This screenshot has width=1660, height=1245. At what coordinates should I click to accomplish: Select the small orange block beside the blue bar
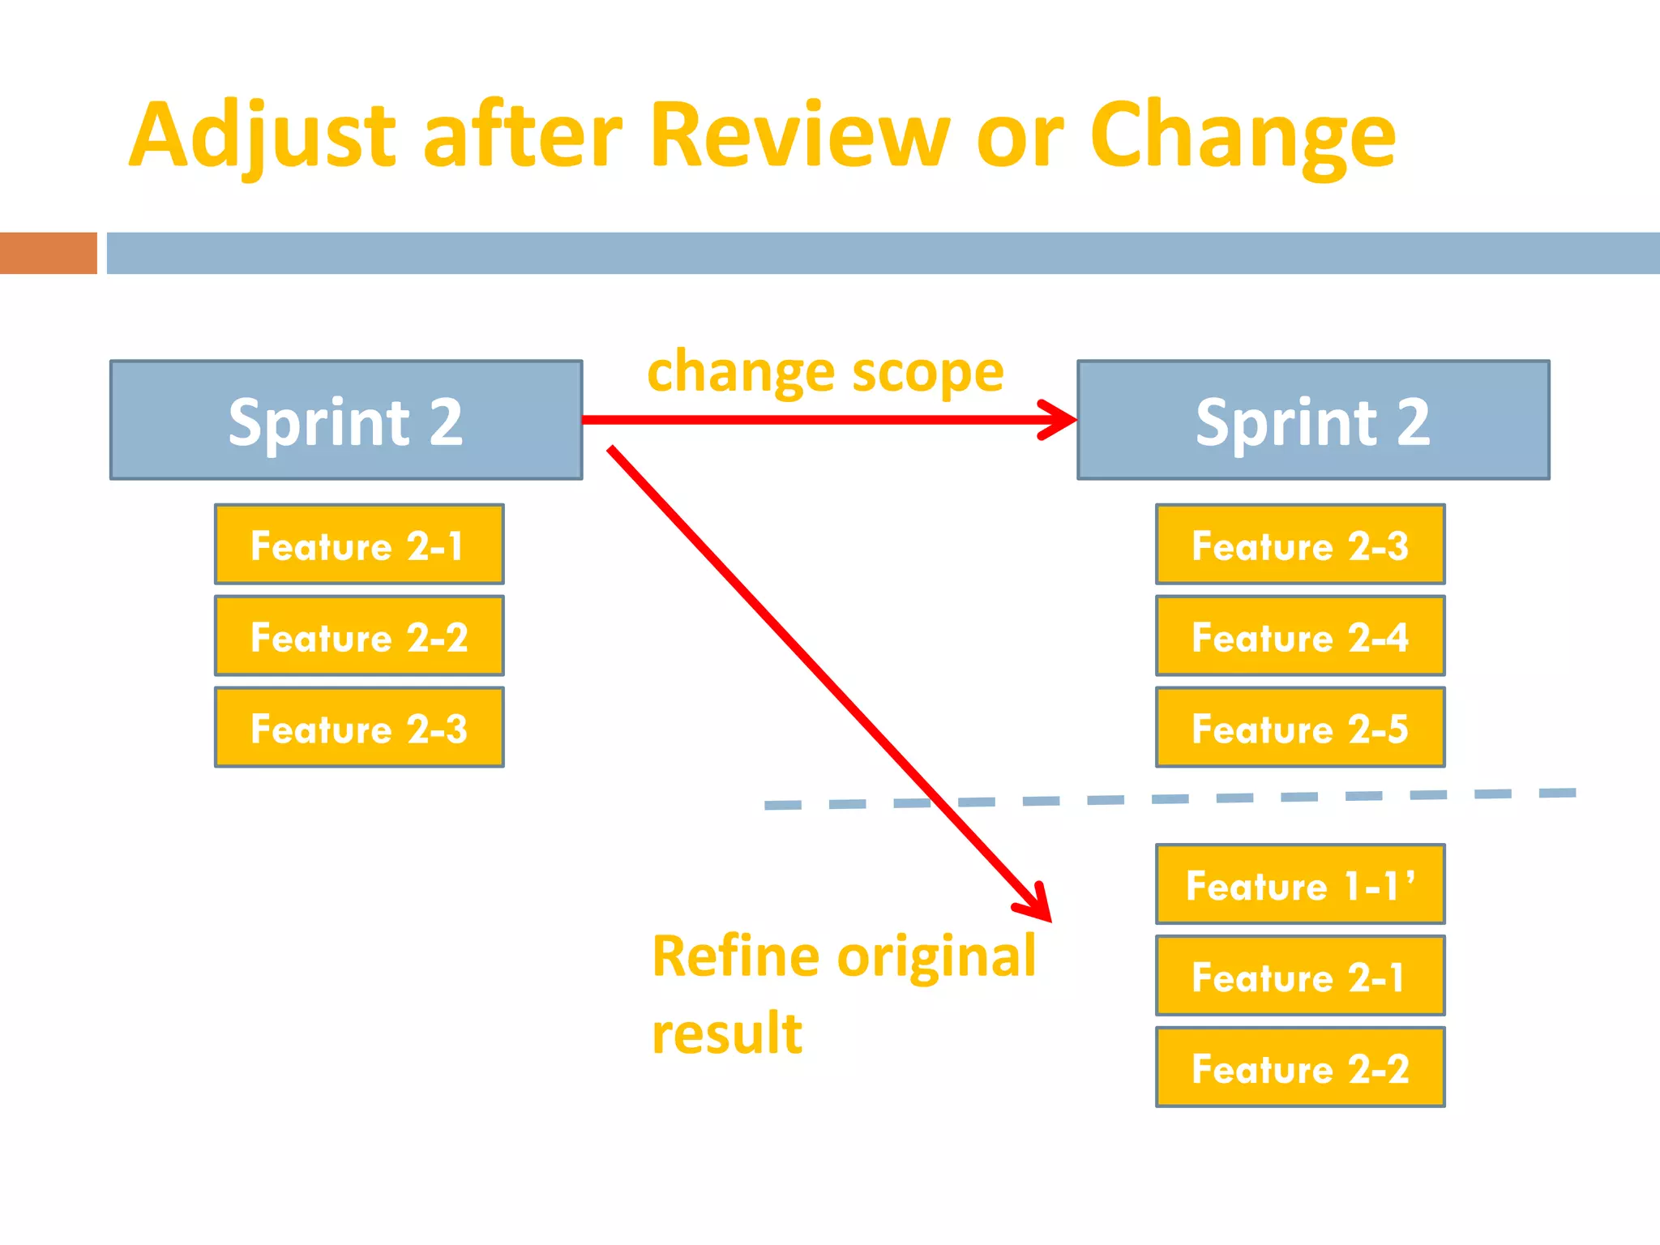(48, 253)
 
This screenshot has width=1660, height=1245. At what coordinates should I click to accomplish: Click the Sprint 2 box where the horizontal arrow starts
(346, 420)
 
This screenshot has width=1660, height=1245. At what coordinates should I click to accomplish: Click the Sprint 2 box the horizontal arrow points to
(1313, 420)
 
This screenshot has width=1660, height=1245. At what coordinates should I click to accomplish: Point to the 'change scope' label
(825, 372)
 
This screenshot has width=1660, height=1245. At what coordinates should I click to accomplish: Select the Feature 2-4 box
(1300, 636)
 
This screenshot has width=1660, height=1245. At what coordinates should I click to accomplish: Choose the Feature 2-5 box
(1300, 728)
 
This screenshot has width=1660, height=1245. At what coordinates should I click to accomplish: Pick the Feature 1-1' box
(1300, 884)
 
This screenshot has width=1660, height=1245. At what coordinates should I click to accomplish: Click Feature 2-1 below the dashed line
(1300, 976)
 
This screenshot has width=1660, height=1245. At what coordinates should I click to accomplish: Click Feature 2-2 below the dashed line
(1300, 1067)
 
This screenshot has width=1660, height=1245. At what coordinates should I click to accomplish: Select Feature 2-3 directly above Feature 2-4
(1300, 545)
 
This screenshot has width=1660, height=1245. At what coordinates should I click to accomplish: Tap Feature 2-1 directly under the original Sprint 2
(359, 545)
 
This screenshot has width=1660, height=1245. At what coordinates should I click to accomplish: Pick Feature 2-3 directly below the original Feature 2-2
(359, 728)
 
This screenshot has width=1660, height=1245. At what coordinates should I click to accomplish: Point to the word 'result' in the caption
(727, 1034)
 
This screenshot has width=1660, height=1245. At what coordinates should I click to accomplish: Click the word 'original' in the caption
(936, 957)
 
